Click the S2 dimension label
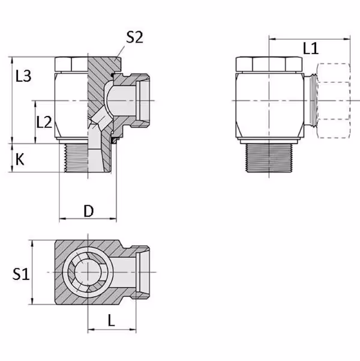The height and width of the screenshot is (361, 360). tap(135, 37)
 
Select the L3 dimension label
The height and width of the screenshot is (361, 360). tap(23, 76)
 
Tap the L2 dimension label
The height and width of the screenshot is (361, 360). tap(44, 122)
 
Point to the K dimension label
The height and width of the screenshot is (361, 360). tap(20, 159)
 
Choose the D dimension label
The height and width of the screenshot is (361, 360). tap(89, 211)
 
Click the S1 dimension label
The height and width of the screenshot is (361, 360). tap(21, 274)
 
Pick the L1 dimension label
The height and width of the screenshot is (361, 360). tap(311, 48)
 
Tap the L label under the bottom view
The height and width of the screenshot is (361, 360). tap(112, 320)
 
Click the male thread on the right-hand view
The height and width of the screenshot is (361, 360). tap(269, 158)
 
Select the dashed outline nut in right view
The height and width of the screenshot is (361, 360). tap(334, 100)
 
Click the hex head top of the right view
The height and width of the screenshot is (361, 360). tap(269, 64)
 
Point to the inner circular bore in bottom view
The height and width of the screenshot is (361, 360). tap(88, 272)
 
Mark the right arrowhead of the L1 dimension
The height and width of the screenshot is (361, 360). tap(347, 39)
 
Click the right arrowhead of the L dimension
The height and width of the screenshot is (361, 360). tap(133, 329)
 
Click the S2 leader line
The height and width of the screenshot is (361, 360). tap(121, 51)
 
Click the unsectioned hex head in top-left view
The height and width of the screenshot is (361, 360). tap(71, 64)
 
